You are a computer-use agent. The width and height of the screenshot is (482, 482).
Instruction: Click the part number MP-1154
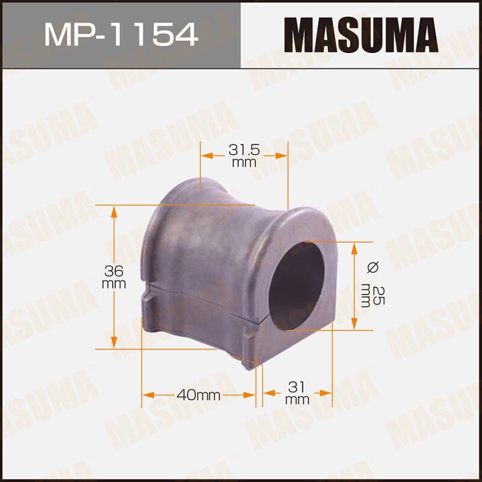[x=121, y=34]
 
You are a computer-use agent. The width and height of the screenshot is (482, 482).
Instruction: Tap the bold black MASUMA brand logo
[x=361, y=35]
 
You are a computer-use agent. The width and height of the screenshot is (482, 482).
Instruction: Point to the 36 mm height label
[x=114, y=277]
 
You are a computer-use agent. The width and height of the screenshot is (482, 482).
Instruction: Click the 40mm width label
[x=199, y=395]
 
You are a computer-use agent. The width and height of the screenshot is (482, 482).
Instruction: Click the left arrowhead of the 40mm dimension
[x=146, y=395]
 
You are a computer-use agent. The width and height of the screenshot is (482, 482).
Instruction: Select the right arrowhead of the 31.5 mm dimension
[x=282, y=155]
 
